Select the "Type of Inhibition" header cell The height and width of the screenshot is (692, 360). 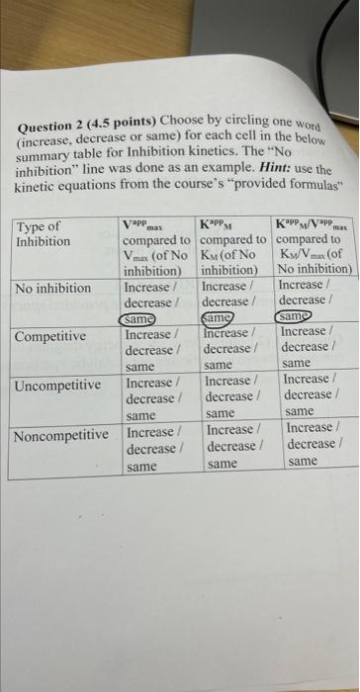point(40,234)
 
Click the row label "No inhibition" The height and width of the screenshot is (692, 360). point(54,288)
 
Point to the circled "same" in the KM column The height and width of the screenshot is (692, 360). point(220,318)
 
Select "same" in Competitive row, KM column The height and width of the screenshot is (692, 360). point(219,366)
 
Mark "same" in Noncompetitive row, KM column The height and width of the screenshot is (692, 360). point(223,463)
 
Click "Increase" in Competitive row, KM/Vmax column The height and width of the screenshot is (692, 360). point(305,331)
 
